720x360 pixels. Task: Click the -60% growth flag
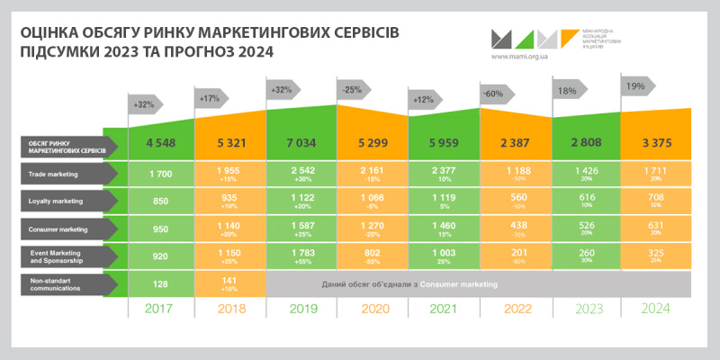493,93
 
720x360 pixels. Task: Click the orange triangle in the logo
569,36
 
